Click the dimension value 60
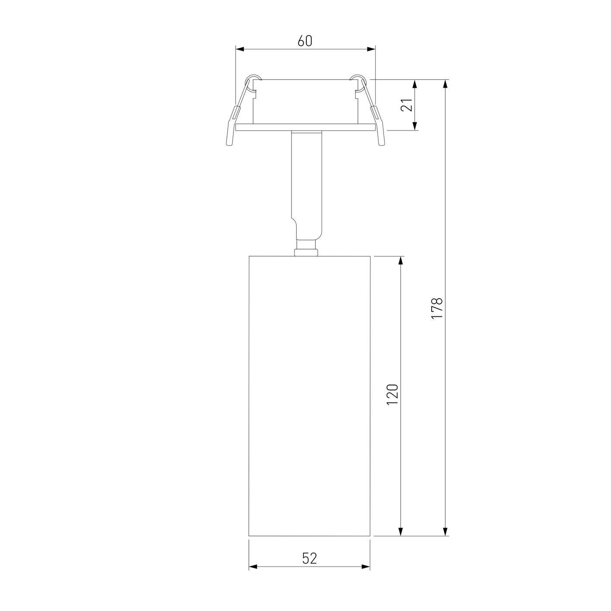coord(305,41)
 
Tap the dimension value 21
coord(407,105)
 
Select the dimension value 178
coord(436,308)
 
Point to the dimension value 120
coord(392,394)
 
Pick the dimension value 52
coord(309,558)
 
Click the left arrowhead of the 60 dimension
coord(240,49)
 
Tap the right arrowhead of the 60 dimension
coord(371,49)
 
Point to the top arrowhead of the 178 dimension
coord(445,84)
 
